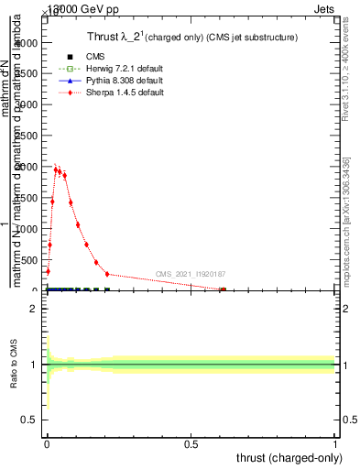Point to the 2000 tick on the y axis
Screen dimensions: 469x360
point(28,168)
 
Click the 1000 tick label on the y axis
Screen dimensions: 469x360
point(28,229)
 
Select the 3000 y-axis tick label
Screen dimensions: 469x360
point(28,105)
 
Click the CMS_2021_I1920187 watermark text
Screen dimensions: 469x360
point(190,274)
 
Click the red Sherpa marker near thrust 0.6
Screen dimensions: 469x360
point(223,289)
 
